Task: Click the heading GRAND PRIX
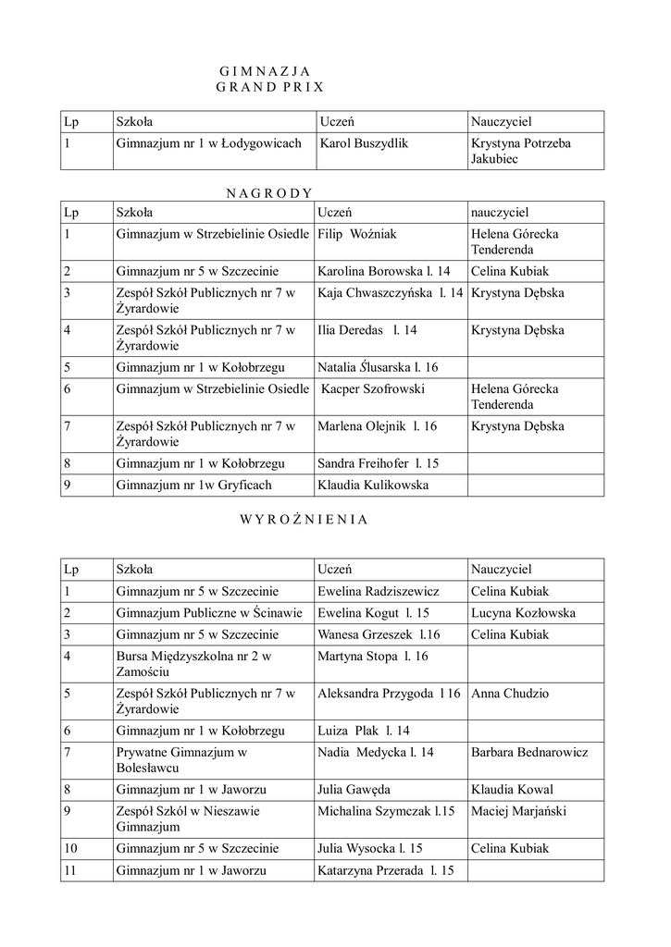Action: click(x=270, y=87)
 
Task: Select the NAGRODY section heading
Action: click(x=270, y=192)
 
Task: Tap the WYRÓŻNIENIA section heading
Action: click(x=304, y=519)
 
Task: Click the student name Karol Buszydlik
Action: click(x=363, y=143)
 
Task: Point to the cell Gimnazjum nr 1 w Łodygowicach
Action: click(x=209, y=143)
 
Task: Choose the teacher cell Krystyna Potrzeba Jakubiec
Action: click(x=521, y=151)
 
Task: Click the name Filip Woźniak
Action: click(x=357, y=234)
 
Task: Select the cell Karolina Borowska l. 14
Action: click(x=384, y=271)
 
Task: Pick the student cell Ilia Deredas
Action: click(x=367, y=330)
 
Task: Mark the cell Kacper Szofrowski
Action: click(x=373, y=389)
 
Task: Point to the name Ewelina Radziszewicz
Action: click(x=379, y=591)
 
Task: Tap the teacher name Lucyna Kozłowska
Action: click(x=523, y=613)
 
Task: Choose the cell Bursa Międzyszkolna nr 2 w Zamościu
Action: click(x=193, y=665)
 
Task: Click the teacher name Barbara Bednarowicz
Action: click(x=529, y=752)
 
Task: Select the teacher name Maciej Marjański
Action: click(x=518, y=811)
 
